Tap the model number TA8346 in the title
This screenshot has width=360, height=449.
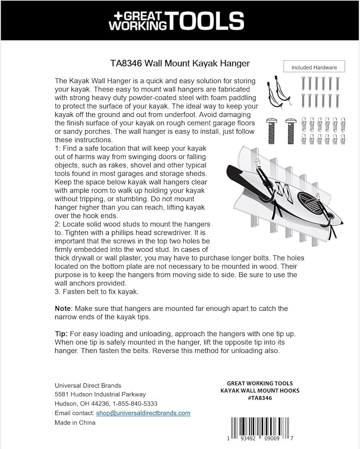(126, 63)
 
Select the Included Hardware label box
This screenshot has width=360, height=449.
(314, 67)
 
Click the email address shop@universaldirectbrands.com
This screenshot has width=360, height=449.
(143, 413)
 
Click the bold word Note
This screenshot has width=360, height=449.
(62, 308)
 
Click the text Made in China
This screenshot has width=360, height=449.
(75, 423)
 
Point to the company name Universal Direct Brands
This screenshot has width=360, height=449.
(88, 385)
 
